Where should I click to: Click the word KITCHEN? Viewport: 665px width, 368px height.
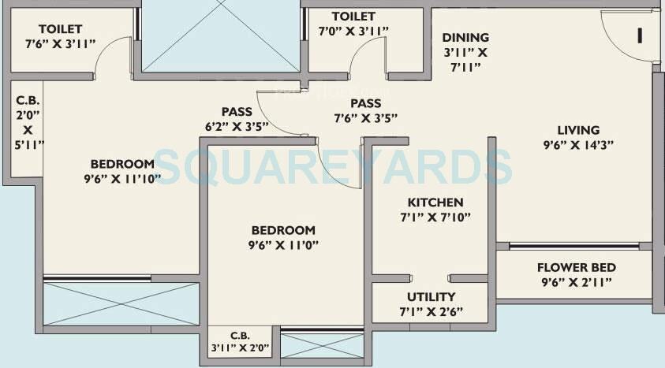point(435,203)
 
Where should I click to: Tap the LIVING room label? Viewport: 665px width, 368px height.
point(578,130)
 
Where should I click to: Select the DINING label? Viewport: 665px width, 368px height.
point(465,37)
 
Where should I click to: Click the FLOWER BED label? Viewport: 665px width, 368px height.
point(577,268)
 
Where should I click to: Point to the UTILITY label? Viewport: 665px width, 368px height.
point(431,297)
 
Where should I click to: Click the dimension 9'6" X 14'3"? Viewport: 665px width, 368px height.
point(578,145)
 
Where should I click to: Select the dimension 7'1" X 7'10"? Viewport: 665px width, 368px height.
point(435,217)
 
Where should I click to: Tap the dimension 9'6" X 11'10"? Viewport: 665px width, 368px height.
point(121,178)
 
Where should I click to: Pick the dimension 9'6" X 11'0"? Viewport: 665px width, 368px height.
point(283,244)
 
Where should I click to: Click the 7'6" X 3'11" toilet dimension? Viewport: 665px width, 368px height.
point(55,44)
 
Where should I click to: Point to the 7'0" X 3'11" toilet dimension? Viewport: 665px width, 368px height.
point(353,31)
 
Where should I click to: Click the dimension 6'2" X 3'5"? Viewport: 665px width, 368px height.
point(237,125)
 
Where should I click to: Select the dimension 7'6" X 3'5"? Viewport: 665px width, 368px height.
point(365,117)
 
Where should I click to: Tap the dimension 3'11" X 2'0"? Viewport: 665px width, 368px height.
point(241,348)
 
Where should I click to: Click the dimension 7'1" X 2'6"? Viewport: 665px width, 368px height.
point(431,311)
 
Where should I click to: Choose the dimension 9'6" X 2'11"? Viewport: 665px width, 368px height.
point(577,282)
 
